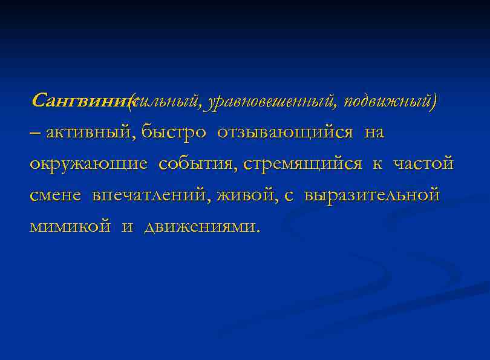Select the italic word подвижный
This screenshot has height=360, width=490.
point(388,101)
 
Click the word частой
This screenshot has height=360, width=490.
point(423,164)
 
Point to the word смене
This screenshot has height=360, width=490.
point(57,195)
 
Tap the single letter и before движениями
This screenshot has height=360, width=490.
point(127,227)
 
